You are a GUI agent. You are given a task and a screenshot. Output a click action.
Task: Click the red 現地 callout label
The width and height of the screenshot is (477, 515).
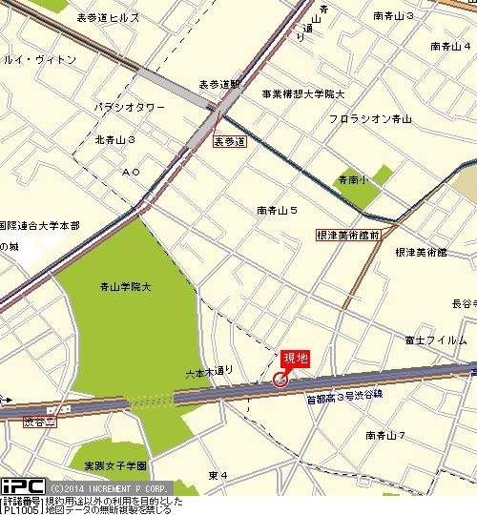297,359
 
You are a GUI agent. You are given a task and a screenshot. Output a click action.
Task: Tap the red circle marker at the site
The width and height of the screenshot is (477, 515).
280,380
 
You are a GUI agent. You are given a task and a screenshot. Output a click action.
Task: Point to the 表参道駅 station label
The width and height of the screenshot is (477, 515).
220,84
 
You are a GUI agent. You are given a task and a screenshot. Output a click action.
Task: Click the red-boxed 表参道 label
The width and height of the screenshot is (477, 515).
229,141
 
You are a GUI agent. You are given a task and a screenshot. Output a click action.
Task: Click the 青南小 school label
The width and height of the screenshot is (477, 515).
352,178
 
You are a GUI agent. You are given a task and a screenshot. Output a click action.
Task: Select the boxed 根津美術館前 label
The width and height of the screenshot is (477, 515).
348,233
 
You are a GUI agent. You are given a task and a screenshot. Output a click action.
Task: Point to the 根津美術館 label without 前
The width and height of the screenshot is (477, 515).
421,252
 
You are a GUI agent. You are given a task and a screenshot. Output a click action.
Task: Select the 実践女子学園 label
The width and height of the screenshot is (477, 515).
114,465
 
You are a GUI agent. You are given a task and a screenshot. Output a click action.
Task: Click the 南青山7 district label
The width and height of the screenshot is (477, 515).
386,435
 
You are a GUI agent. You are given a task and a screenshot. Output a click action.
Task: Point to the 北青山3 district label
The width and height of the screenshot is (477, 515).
115,140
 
